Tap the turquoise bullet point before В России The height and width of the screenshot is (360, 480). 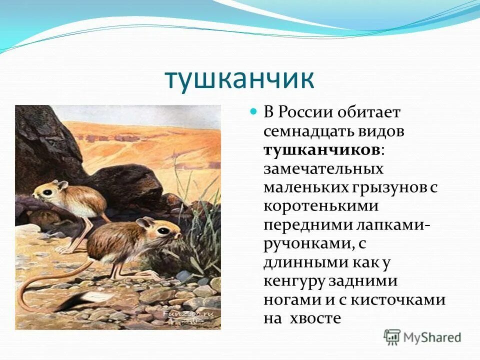[253, 111]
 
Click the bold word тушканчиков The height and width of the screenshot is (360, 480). [321, 150]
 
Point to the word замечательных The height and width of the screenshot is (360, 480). [323, 169]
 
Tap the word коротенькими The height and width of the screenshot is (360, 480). [321, 206]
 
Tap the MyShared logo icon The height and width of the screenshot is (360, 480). [392, 337]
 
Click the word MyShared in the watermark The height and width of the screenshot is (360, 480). [432, 337]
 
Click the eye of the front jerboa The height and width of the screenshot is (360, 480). [164, 231]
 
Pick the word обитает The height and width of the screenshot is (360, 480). [368, 112]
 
